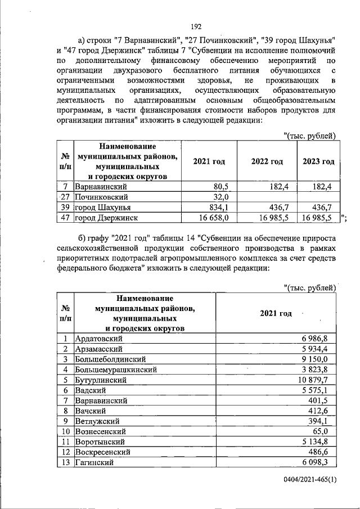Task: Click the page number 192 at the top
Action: tap(196, 26)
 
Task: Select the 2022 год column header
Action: tap(267, 161)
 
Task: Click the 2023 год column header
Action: tap(318, 161)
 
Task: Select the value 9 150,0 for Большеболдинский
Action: tap(320, 359)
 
